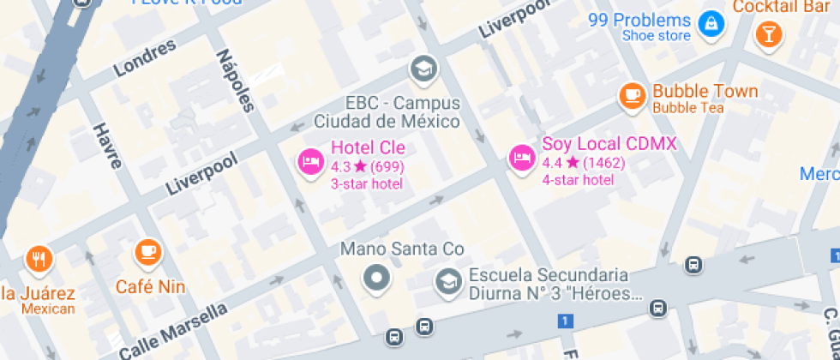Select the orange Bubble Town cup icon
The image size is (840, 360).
pos(633,94)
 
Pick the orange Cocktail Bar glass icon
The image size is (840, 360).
pos(766,34)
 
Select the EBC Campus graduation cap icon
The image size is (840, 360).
pos(423,68)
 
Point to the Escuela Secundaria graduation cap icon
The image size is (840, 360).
pos(447,280)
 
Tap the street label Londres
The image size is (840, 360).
pos(145,57)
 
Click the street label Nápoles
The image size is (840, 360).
pos(237,81)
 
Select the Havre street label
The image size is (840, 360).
pos(107,146)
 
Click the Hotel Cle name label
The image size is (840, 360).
pos(368,147)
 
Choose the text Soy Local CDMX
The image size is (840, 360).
pos(609,143)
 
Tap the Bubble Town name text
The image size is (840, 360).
pos(705,91)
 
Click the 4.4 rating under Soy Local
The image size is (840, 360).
pos(551,163)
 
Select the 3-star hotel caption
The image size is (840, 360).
pos(367,183)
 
